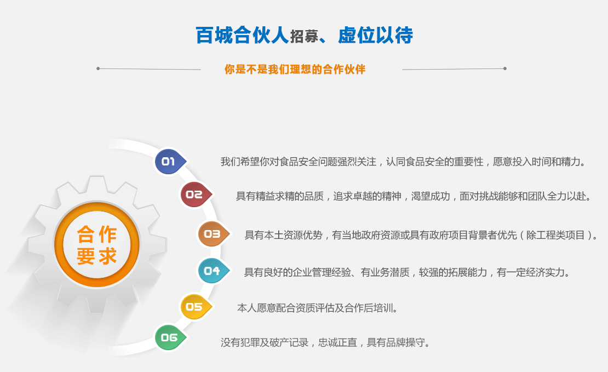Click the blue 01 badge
click(170, 162)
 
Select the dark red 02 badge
click(196, 194)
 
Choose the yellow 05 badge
click(196, 306)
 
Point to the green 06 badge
click(170, 337)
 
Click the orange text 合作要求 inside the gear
click(97, 245)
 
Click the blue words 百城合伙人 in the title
click(242, 35)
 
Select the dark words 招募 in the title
click(304, 37)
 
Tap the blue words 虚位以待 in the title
click(375, 35)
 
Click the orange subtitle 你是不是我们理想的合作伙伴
click(295, 70)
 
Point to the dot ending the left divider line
click(98, 68)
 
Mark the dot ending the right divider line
click(505, 68)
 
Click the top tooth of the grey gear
click(97, 185)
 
